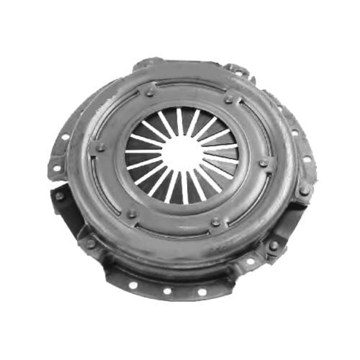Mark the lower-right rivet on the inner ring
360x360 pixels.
pos(216,221)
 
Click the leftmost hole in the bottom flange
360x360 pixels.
pos(133,285)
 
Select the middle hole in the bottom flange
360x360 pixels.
pos(167,291)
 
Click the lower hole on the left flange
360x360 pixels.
pos(57,168)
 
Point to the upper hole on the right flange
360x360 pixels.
pos(295,133)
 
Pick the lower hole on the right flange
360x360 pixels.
pos(307,159)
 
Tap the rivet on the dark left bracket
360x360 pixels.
pos(59,196)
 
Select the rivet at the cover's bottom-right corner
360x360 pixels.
pos(273,245)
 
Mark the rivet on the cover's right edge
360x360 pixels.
pos(304,189)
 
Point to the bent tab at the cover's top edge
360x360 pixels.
pos(237,68)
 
